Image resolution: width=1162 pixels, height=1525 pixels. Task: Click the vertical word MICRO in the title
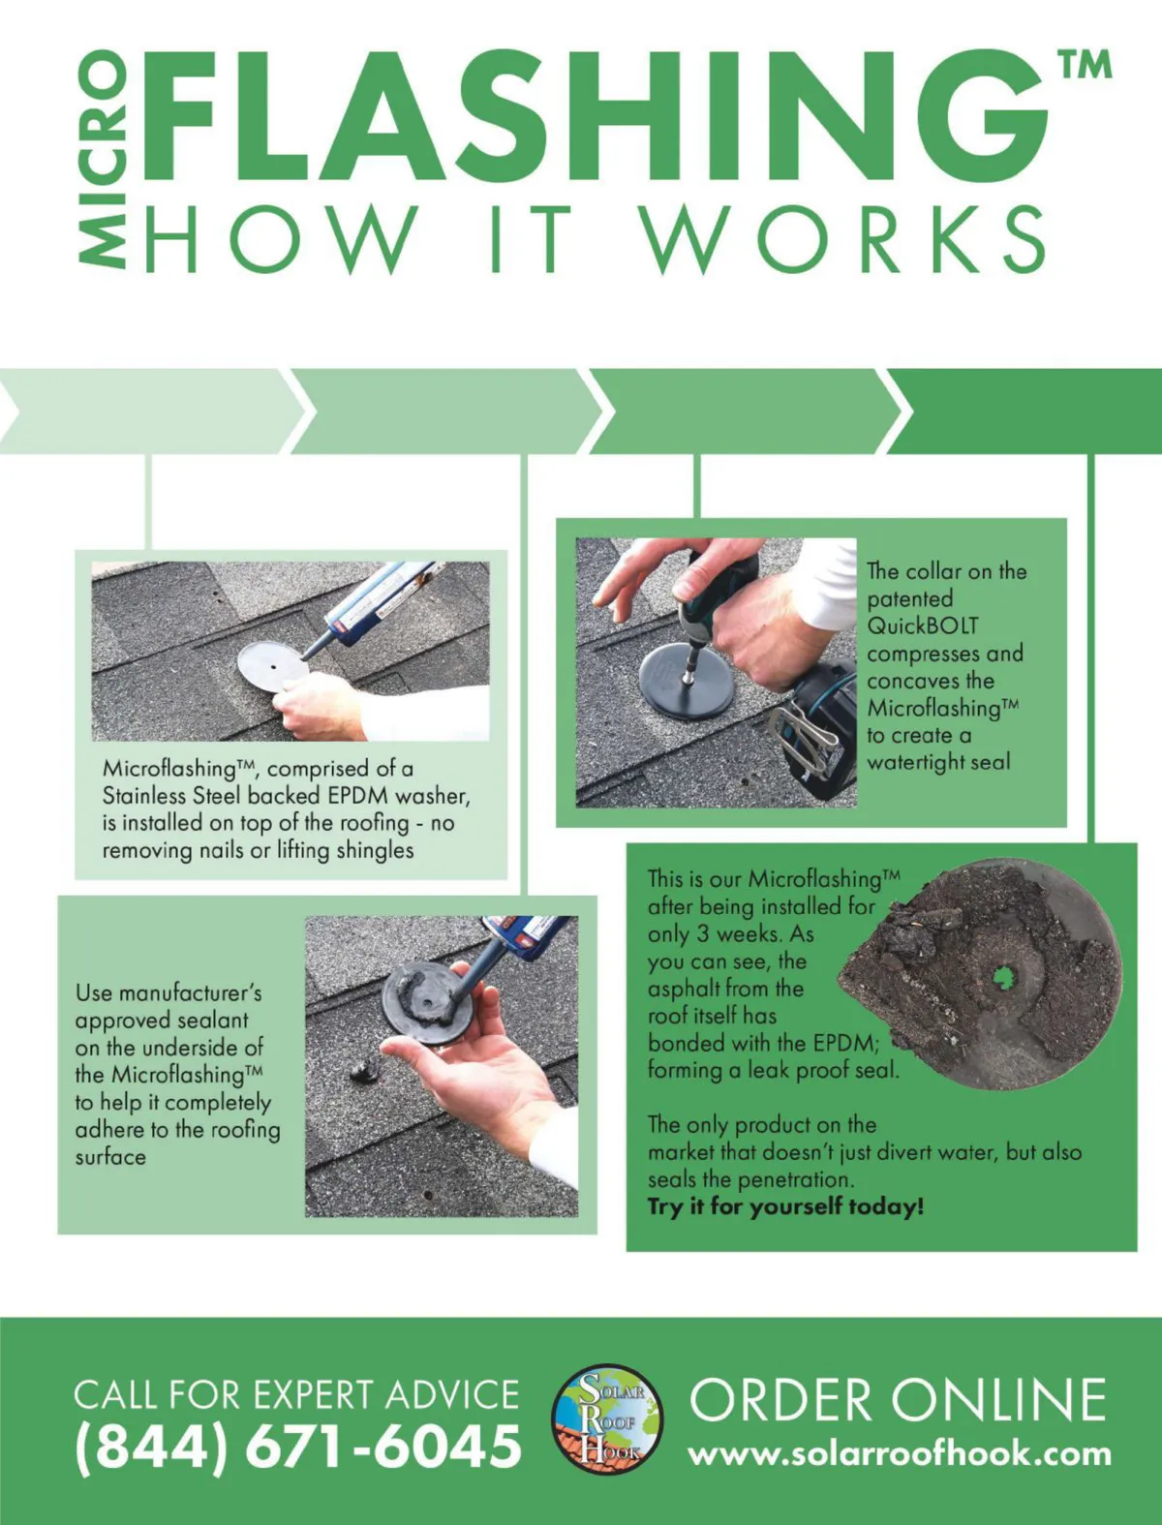pos(102,159)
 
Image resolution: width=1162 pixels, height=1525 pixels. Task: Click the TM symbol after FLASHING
pos(1086,66)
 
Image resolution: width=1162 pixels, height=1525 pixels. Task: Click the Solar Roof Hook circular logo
pos(607,1418)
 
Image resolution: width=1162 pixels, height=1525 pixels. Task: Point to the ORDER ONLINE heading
pos(898,1401)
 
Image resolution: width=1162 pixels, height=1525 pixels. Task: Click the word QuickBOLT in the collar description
pos(923,625)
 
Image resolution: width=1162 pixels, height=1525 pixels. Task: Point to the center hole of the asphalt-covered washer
pos(1001,978)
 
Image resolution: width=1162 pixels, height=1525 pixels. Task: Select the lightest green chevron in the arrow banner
pos(151,412)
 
